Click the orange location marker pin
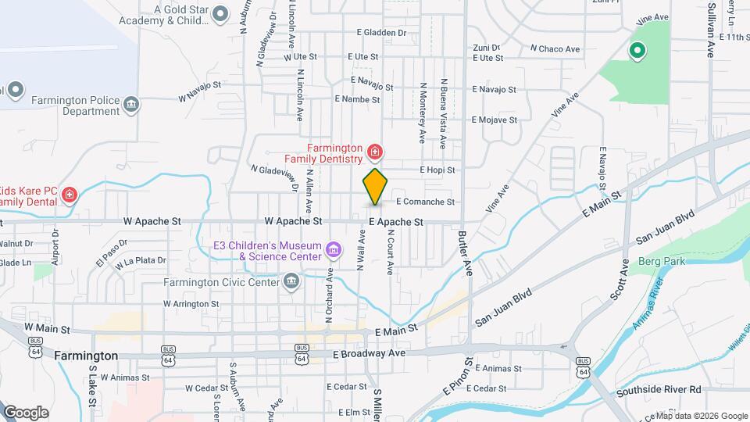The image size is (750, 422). [x=375, y=186]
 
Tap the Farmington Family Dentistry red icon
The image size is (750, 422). [x=375, y=150]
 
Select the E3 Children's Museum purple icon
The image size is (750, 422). [x=334, y=250]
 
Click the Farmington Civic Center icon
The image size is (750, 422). [x=291, y=281]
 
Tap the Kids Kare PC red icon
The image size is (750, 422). [x=70, y=194]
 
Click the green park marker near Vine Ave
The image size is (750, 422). [x=637, y=52]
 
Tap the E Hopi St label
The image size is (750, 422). [x=437, y=170]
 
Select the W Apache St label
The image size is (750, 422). [x=156, y=221]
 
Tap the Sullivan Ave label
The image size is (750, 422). [x=712, y=30]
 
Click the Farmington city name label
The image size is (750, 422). [x=87, y=356]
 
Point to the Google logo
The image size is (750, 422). [x=26, y=413]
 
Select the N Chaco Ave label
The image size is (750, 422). [x=555, y=49]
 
